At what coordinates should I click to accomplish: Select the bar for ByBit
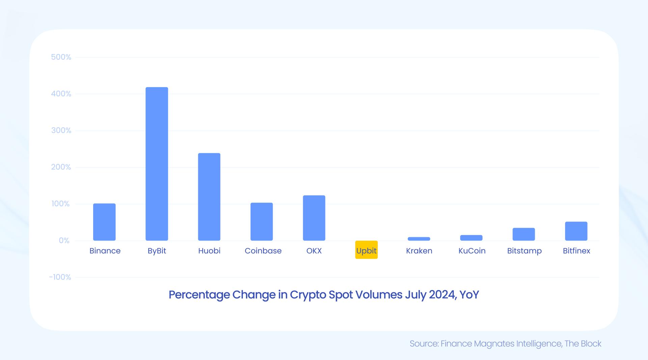point(157,164)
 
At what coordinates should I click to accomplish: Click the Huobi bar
point(209,197)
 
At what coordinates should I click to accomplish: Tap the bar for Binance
point(104,222)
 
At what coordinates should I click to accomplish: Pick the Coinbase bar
point(262,222)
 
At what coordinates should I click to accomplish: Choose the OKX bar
point(314,218)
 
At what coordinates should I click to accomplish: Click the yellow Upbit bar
point(366,250)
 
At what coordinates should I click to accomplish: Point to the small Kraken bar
point(419,239)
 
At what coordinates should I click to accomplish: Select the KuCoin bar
point(471,238)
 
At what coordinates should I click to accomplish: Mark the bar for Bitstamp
point(523,234)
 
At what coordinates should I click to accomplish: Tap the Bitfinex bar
point(576,231)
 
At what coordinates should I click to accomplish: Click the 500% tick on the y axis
point(61,57)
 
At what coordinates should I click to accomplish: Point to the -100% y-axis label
point(60,277)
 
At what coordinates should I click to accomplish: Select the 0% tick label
point(64,241)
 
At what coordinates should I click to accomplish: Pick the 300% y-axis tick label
point(61,131)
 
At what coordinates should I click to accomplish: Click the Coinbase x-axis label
point(263,251)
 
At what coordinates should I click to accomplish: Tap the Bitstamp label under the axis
point(524,251)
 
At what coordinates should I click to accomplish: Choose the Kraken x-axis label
point(419,251)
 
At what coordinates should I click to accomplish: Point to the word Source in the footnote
point(423,344)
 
